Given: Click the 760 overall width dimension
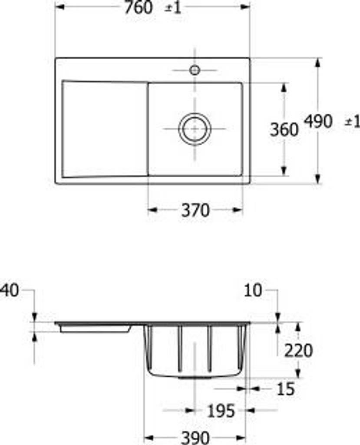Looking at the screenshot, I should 139,7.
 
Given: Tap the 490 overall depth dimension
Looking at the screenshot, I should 318,122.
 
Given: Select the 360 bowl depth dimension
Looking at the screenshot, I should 284,130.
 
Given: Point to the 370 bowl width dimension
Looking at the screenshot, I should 195,210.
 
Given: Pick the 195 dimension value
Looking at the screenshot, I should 220,411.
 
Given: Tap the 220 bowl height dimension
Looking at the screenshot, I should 298,350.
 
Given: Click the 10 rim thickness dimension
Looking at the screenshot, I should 254,291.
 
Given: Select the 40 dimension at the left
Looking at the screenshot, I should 10,291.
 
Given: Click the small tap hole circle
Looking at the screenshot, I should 195,70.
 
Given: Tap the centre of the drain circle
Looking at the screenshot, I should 195,129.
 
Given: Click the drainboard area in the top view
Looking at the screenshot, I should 104,129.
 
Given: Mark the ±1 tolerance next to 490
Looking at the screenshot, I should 352,122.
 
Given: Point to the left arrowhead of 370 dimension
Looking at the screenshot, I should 152,210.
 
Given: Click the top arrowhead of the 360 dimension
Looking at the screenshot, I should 284,87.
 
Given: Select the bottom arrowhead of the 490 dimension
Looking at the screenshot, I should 318,179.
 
